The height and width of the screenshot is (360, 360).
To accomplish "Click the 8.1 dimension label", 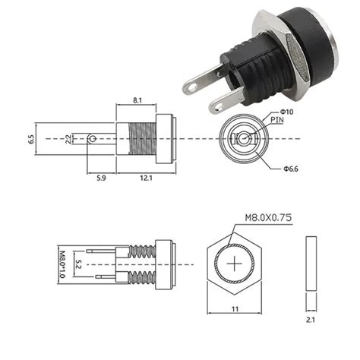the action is pyautogui.click(x=137, y=100).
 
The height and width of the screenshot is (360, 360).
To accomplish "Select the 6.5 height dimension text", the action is pyautogui.click(x=31, y=140).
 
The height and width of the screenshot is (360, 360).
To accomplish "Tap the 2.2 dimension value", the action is pyautogui.click(x=68, y=139).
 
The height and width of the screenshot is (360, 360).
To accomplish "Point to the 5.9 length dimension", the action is pyautogui.click(x=101, y=178).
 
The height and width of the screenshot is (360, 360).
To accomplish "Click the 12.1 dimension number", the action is pyautogui.click(x=147, y=178).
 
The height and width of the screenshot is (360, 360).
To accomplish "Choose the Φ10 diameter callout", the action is pyautogui.click(x=286, y=112).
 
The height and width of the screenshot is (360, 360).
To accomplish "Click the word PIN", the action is pyautogui.click(x=277, y=120).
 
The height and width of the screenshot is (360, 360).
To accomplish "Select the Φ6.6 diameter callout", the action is pyautogui.click(x=291, y=169).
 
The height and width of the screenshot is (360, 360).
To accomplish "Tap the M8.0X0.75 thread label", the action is pyautogui.click(x=268, y=218).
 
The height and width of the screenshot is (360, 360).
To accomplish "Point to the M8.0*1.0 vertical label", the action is pyautogui.click(x=62, y=264).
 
